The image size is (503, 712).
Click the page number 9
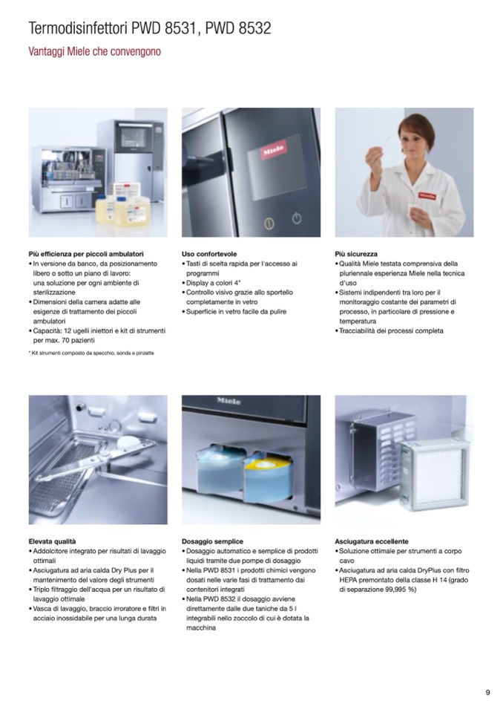pyautogui.click(x=487, y=693)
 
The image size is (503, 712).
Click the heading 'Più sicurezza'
pyautogui.click(x=356, y=254)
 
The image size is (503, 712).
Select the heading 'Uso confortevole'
pyautogui.click(x=209, y=254)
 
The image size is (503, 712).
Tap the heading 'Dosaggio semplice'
pyautogui.click(x=212, y=541)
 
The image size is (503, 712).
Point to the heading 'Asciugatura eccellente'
pyautogui.click(x=372, y=541)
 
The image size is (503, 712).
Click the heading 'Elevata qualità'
pyautogui.click(x=52, y=541)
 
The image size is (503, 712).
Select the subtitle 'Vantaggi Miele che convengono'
pyautogui.click(x=94, y=51)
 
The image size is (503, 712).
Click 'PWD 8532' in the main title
pyautogui.click(x=238, y=28)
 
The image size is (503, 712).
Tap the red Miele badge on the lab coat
pyautogui.click(x=427, y=196)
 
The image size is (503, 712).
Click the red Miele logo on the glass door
pyautogui.click(x=274, y=149)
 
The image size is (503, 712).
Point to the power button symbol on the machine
pyautogui.click(x=297, y=218)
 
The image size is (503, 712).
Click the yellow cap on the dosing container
pyautogui.click(x=260, y=464)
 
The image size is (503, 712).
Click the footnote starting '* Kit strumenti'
pyautogui.click(x=91, y=353)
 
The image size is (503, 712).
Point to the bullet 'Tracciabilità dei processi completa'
pyautogui.click(x=389, y=330)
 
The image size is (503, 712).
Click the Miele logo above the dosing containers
pyautogui.click(x=229, y=401)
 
